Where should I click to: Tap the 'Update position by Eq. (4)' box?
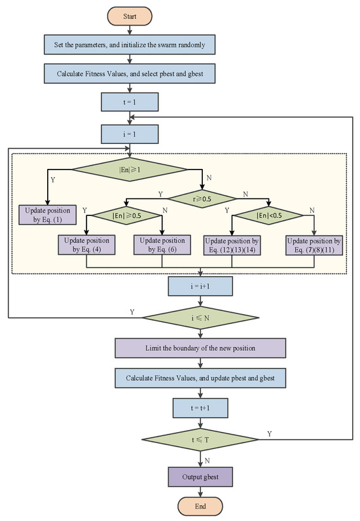coord(88,245)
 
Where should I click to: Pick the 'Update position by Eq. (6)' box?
coord(162,245)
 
